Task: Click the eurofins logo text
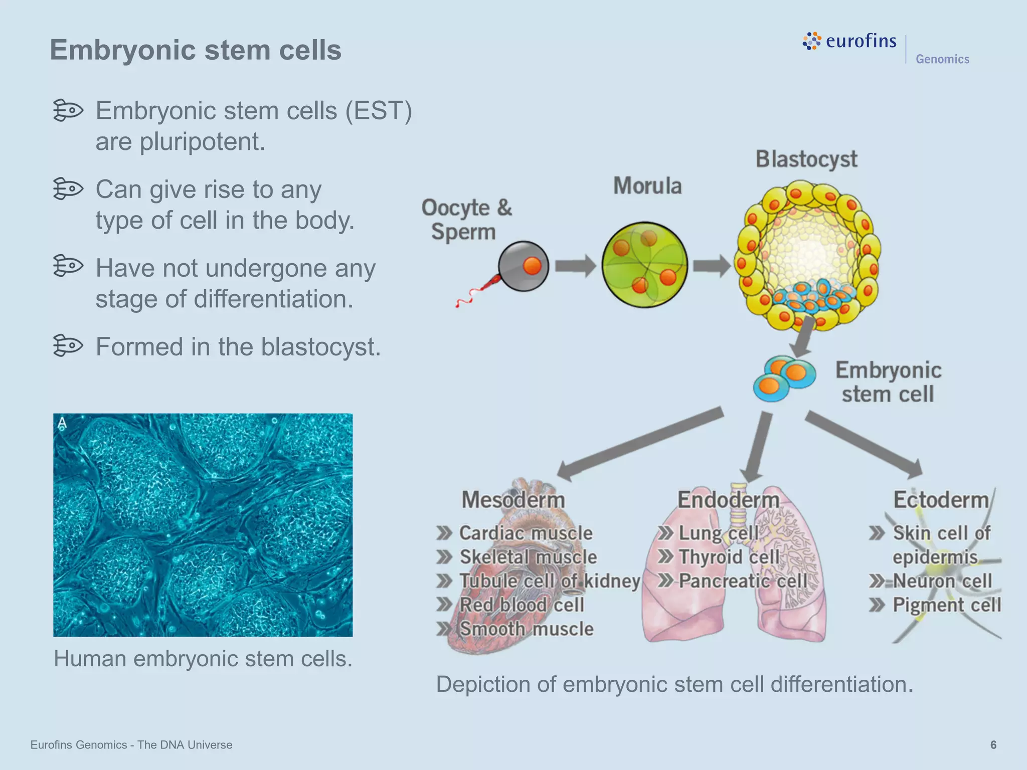coord(861,41)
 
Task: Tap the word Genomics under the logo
coord(942,59)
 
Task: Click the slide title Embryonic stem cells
coord(195,50)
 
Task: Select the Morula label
coord(647,186)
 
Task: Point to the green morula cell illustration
coord(644,265)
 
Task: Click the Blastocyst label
coord(806,159)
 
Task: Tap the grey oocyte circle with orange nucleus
coord(524,266)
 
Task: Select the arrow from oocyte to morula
coord(575,266)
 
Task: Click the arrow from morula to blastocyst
coord(711,266)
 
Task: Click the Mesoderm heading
coord(513,500)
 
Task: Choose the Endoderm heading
coord(728,500)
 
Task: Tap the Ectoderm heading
coord(941,500)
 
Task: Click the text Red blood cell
coord(522,605)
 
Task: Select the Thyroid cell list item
coord(729,557)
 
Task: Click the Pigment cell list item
coord(946,605)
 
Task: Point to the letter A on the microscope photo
coord(62,424)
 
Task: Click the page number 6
coord(993,745)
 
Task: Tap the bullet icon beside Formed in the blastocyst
coord(68,345)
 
